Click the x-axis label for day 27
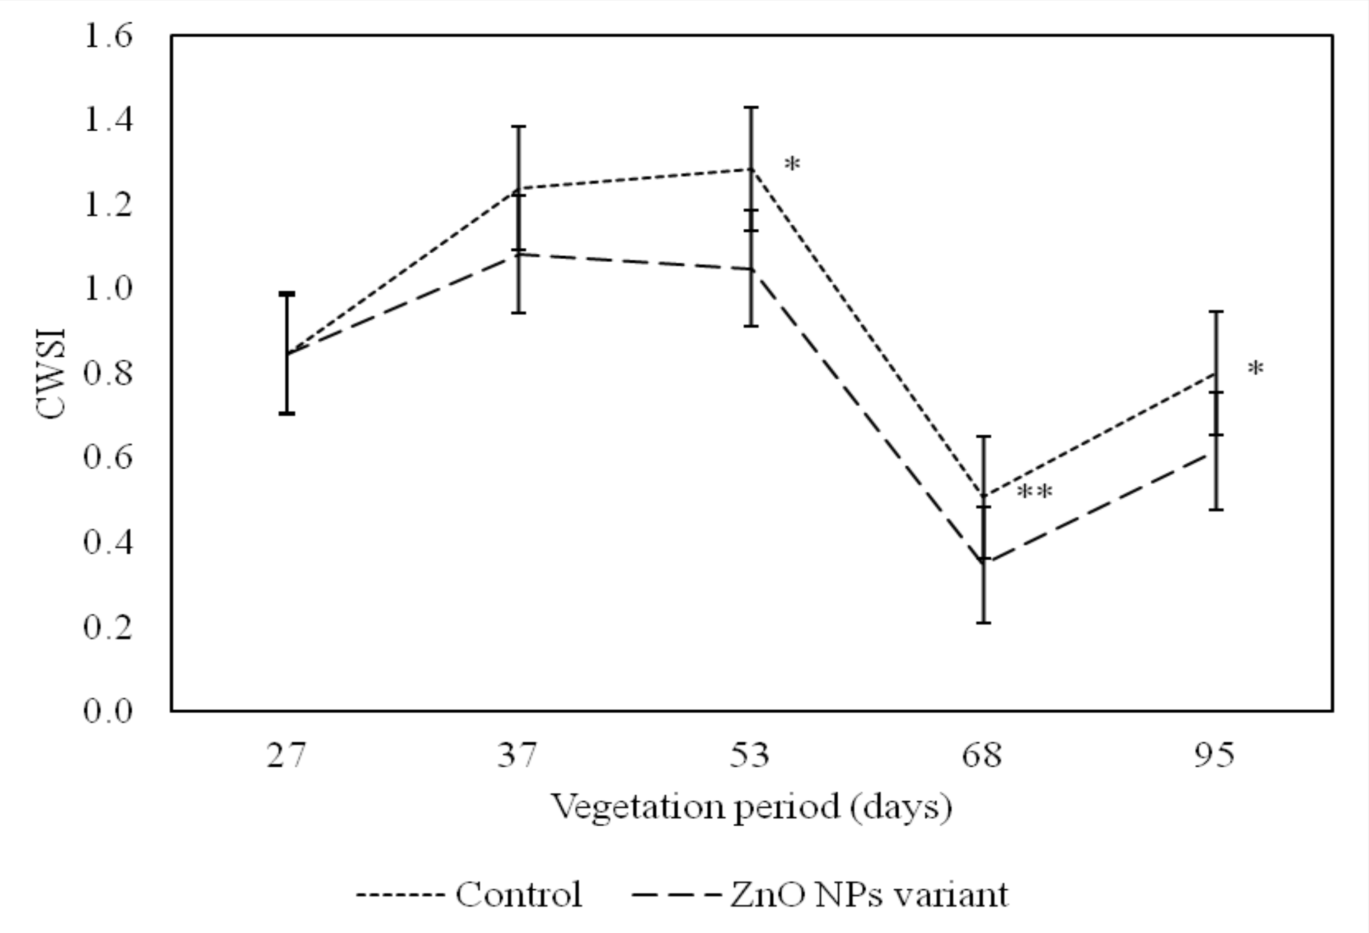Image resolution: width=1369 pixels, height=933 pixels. point(286,755)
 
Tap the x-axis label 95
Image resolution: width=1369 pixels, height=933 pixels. point(1215,755)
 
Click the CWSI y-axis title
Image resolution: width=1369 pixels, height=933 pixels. point(51,373)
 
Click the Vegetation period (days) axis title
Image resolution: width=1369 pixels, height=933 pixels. point(751,807)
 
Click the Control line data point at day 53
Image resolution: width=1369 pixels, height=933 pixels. point(751,170)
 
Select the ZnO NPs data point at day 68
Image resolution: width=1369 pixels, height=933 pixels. point(984,560)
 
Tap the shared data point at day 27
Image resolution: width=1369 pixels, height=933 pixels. point(287,354)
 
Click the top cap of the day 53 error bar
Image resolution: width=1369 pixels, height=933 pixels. point(751,108)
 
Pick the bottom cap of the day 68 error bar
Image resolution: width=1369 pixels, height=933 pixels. point(984,623)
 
